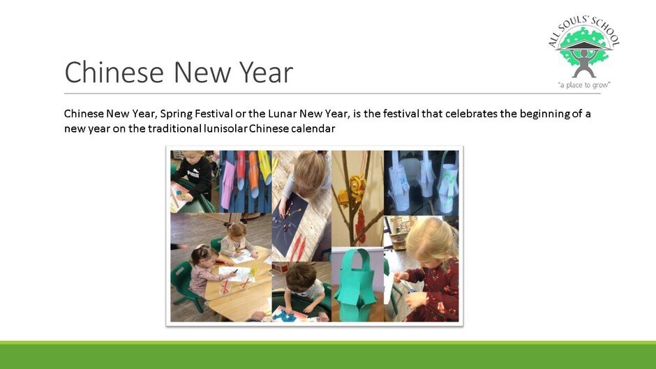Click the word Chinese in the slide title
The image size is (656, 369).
[114, 72]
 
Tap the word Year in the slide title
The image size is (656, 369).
[266, 72]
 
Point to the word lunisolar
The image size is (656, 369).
[225, 128]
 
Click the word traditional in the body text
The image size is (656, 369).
[175, 128]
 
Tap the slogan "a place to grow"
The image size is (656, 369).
[584, 85]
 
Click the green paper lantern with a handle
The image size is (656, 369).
[355, 285]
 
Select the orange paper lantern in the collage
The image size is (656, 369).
[253, 174]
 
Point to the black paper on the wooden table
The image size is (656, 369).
[290, 228]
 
